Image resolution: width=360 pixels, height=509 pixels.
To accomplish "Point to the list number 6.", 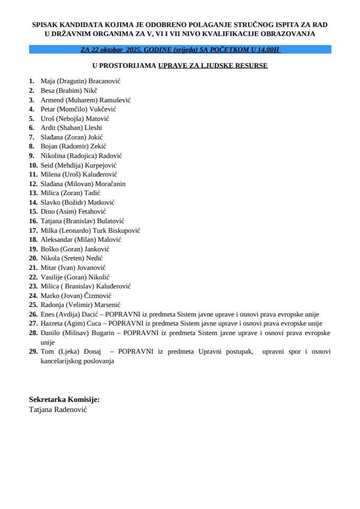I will click(31, 127).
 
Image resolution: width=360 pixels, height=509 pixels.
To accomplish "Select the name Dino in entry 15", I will click(48, 212).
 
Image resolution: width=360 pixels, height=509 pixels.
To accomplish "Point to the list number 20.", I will click(33, 258).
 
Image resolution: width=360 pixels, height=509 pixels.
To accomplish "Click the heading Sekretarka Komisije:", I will click(64, 399).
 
